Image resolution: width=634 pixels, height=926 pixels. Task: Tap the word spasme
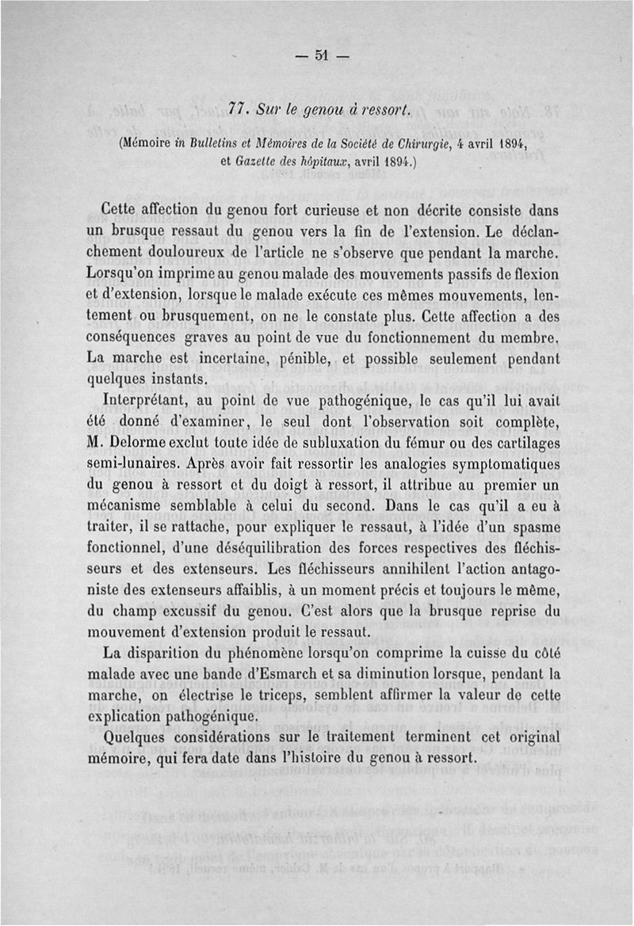[x=532, y=525]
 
